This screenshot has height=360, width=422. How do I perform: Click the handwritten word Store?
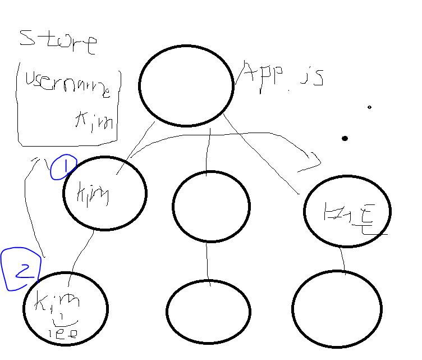(x=58, y=42)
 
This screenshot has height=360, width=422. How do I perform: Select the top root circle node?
(x=186, y=85)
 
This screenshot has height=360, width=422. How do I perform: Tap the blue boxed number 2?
(x=21, y=270)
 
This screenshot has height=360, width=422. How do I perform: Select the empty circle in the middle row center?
(x=210, y=206)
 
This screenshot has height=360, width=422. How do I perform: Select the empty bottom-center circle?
(x=208, y=311)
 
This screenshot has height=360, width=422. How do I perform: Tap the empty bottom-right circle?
(x=337, y=309)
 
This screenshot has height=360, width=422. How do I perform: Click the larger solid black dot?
(x=345, y=138)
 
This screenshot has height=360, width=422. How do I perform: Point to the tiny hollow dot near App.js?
(x=369, y=107)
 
